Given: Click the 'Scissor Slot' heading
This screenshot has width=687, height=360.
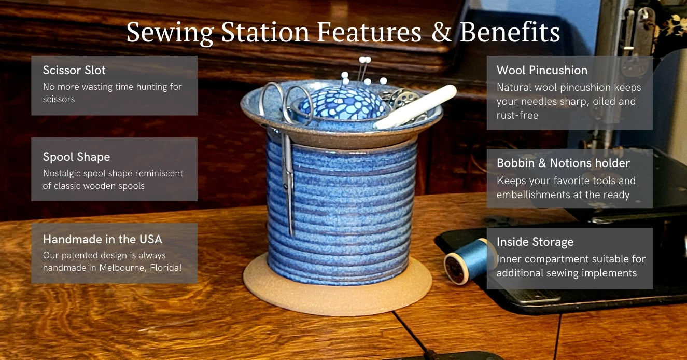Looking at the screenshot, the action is point(74,70).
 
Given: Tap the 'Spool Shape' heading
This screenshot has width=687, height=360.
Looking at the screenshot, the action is point(76,157).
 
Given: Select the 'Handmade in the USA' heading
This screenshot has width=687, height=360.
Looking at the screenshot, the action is point(103,239).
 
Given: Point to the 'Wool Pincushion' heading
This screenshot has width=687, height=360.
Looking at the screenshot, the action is point(542,70).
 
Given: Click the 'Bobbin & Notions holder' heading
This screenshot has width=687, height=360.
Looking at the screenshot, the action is point(563,163).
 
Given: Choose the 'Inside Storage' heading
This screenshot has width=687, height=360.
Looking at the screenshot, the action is point(535,242).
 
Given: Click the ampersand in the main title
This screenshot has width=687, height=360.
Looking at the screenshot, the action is point(442,32).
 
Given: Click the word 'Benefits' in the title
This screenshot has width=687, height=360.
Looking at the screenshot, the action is point(510,32).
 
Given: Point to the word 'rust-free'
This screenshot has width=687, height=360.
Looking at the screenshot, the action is point(517,115).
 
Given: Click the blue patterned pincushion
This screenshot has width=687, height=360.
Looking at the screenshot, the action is point(343,103).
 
